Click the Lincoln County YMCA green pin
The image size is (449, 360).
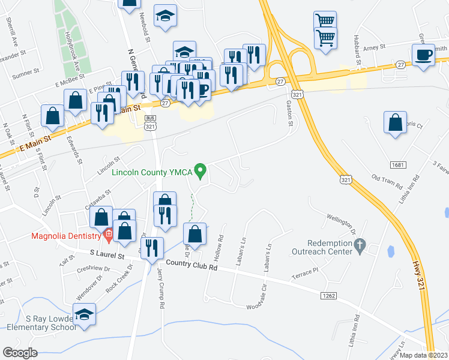click(202, 172)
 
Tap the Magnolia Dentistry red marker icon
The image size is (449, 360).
click(109, 234)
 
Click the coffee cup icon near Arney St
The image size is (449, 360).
click(424, 55)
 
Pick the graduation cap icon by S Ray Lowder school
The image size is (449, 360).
click(85, 314)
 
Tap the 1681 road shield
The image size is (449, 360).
click(397, 164)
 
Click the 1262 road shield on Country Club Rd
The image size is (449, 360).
click(328, 296)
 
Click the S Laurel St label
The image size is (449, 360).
click(106, 255)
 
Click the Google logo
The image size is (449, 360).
click(20, 353)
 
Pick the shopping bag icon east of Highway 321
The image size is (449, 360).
click(396, 122)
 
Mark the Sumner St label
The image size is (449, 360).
click(26, 74)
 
